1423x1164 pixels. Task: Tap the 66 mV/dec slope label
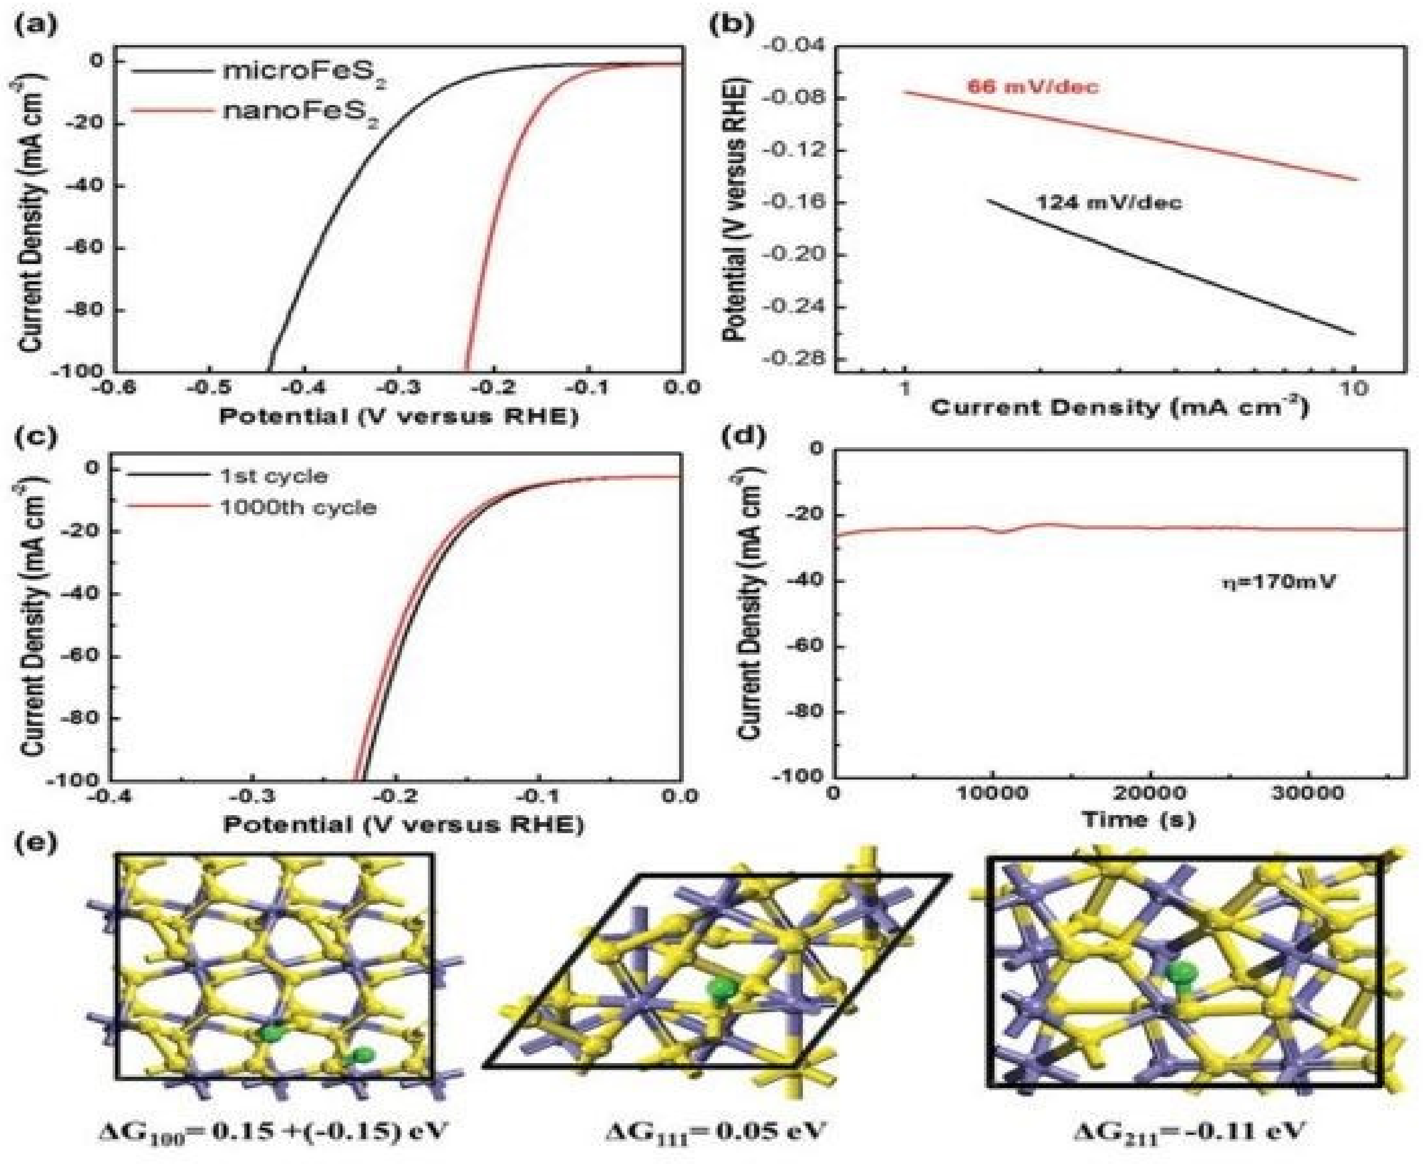(x=1033, y=87)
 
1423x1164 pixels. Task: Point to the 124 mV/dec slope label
(x=1110, y=202)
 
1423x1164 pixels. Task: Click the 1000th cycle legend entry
(x=298, y=507)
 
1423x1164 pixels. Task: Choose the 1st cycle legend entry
(x=273, y=476)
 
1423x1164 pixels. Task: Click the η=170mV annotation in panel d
(x=1278, y=580)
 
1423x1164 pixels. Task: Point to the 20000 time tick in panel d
(x=1150, y=793)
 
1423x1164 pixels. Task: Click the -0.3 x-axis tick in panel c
(x=253, y=796)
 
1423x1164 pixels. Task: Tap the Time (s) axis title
(x=1139, y=819)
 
